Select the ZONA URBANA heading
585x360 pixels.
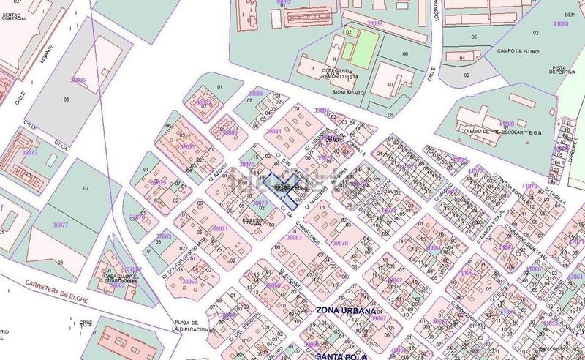346,310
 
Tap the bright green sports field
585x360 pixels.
363,46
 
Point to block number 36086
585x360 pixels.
78,80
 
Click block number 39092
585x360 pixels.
374,23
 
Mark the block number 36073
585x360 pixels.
29,152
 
